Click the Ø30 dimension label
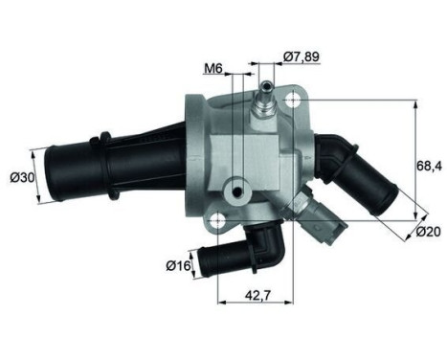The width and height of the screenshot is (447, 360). point(19,177)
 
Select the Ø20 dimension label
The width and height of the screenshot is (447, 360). point(429,231)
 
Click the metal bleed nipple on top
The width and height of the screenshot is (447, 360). point(263,97)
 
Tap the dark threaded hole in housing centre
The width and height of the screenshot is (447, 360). point(236,193)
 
